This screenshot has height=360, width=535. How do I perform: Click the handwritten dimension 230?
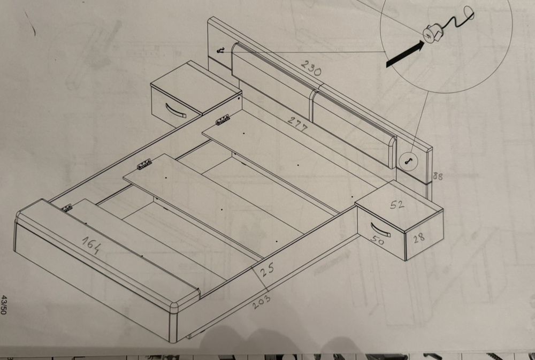(x=311, y=67)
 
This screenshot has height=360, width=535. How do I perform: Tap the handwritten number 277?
(x=297, y=124)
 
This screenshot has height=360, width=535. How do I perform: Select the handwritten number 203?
(x=262, y=301)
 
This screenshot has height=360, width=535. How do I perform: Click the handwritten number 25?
(x=267, y=270)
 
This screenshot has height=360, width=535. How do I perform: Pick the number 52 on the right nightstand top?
(x=397, y=204)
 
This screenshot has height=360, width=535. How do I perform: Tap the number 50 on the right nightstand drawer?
(x=377, y=241)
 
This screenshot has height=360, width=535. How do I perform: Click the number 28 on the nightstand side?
(x=419, y=238)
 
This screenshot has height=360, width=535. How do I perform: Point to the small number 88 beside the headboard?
(x=438, y=176)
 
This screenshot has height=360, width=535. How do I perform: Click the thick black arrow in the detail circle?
(x=406, y=53)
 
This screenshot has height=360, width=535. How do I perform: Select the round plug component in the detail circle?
(x=431, y=34)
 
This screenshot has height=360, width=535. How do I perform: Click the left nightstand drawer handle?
(x=175, y=111)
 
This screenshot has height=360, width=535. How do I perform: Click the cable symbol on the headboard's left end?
(x=221, y=51)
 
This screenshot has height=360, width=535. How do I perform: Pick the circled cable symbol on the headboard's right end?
(x=407, y=160)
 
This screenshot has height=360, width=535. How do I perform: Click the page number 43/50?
(x=4, y=305)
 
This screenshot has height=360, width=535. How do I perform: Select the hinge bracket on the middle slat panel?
(x=144, y=164)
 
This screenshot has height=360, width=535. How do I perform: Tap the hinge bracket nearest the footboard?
(x=66, y=208)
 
